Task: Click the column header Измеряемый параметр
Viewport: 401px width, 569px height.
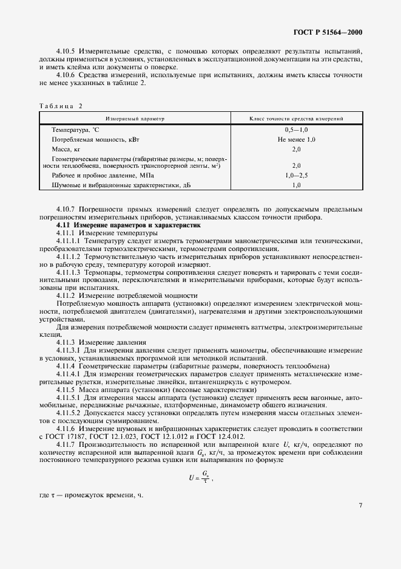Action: [x=135, y=119]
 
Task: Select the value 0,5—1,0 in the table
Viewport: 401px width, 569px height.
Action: [x=297, y=130]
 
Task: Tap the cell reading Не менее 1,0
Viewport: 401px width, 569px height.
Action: [x=297, y=139]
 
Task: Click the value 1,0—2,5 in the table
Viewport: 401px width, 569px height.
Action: [x=297, y=175]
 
